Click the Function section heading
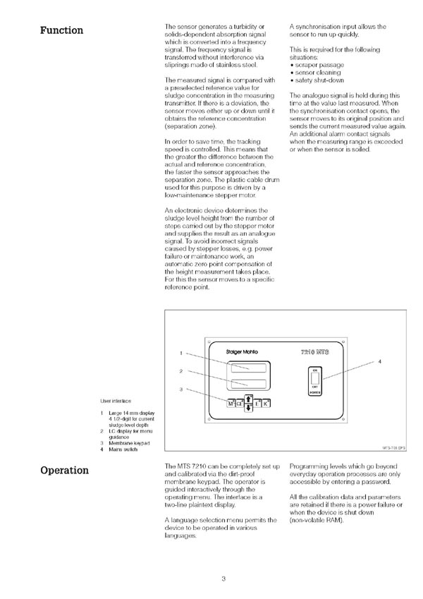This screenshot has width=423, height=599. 61,30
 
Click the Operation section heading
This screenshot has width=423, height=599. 65,470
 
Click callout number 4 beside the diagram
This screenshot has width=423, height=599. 380,361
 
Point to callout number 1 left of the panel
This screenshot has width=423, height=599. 181,353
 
